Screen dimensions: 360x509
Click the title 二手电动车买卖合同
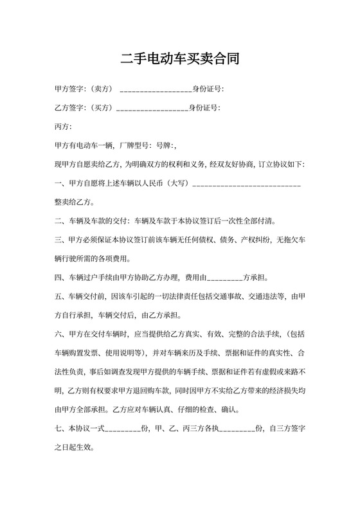pyautogui.click(x=180, y=60)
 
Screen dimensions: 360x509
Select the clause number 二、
pyautogui.click(x=60, y=222)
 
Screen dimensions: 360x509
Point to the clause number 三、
pyautogui.click(x=60, y=240)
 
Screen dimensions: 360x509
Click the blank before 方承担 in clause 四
pyautogui.click(x=224, y=280)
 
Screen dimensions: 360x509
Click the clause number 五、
pyautogui.click(x=60, y=297)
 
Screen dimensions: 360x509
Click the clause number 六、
pyautogui.click(x=60, y=334)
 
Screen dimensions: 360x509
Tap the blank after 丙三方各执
pyautogui.click(x=237, y=430)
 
